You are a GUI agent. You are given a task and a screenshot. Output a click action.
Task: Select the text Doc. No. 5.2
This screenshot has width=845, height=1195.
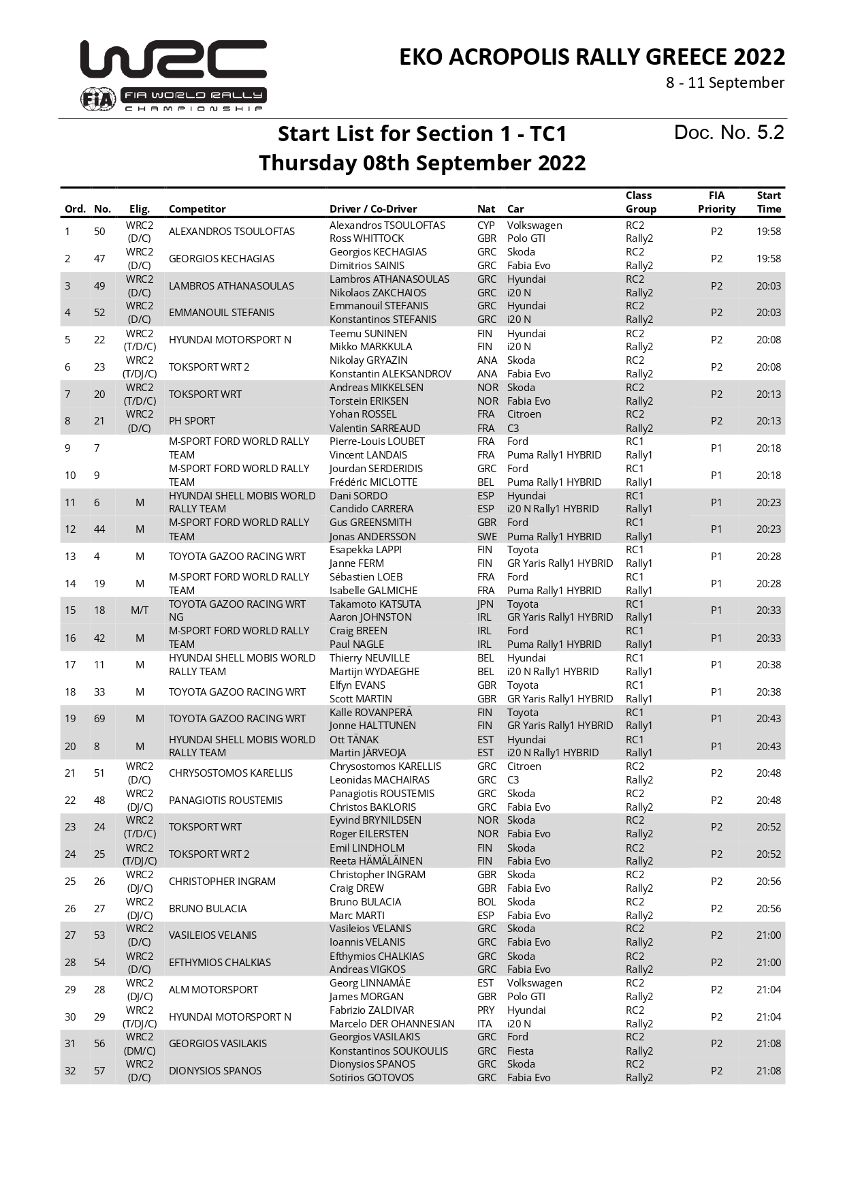point(729,132)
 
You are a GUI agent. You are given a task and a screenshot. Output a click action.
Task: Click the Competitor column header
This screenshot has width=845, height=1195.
point(197,209)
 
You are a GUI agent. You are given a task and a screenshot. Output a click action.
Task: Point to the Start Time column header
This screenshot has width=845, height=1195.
point(769,202)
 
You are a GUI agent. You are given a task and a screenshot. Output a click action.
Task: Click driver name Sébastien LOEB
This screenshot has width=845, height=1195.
point(366,577)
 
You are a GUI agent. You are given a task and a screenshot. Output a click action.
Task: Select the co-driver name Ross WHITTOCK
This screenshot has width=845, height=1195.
point(366,238)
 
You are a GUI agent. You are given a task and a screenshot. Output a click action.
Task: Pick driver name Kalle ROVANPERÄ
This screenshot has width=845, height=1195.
point(370,713)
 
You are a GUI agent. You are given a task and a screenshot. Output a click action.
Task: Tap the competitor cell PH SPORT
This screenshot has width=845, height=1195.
point(192,421)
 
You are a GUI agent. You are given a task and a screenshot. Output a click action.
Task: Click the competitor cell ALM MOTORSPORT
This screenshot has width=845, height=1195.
point(213,990)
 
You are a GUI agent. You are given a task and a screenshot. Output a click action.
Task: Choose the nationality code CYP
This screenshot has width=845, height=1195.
point(486,226)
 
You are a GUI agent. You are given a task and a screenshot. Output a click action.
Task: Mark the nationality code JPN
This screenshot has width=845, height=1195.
point(486,604)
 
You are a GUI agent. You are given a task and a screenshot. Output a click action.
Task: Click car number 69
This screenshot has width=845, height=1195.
point(99,719)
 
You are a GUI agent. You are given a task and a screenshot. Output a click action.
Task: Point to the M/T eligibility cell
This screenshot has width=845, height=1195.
point(140,610)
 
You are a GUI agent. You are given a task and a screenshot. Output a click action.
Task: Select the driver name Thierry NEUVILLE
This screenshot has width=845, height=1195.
point(369,658)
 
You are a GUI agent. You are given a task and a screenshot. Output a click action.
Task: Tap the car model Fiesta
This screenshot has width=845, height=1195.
point(520,1051)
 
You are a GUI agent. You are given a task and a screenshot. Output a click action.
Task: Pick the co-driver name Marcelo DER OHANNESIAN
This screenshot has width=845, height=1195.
point(392,1024)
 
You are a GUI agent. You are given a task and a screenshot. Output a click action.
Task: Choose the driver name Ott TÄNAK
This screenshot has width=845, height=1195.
point(354,740)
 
